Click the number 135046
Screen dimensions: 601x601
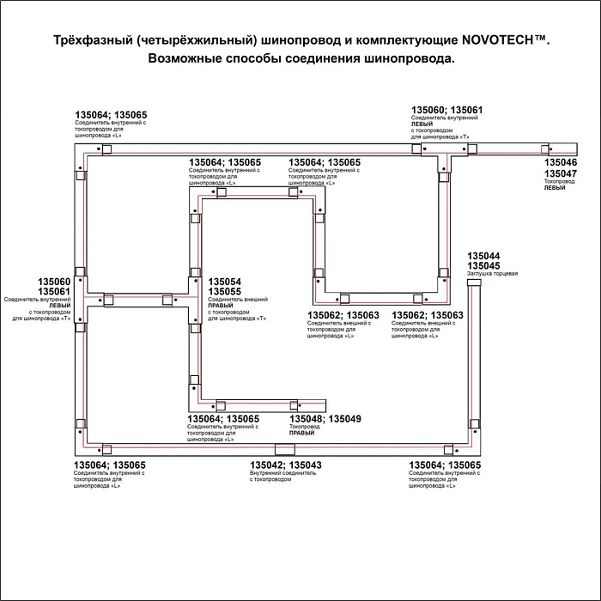click(x=562, y=162)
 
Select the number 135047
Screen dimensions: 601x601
click(x=562, y=173)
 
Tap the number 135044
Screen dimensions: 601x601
click(x=483, y=256)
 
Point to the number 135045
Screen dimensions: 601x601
click(x=483, y=266)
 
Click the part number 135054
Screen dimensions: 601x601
click(x=225, y=282)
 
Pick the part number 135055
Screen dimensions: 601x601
click(x=225, y=292)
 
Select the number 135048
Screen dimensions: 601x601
click(x=307, y=419)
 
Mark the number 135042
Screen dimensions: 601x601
click(x=266, y=464)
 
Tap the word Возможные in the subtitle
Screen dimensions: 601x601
click(x=185, y=58)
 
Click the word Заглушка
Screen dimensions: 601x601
click(x=477, y=274)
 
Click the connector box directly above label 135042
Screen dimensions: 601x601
click(x=282, y=450)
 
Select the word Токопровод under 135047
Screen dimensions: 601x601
click(x=560, y=181)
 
